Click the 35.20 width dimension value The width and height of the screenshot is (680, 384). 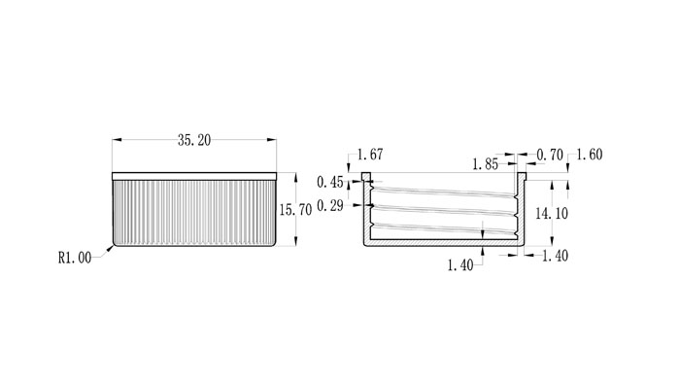coord(194,140)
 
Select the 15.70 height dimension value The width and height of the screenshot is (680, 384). coord(295,210)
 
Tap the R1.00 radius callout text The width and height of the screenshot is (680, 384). coord(75,259)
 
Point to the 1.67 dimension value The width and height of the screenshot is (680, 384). coord(370,155)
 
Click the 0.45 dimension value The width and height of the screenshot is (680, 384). coord(330,182)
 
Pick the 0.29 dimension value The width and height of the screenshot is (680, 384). coord(330,206)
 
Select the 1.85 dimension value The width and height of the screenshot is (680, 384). coord(486,164)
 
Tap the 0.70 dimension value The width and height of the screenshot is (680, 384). coord(550,155)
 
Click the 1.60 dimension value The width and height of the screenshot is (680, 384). coord(590,155)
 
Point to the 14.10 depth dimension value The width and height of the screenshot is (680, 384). coord(552,214)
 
